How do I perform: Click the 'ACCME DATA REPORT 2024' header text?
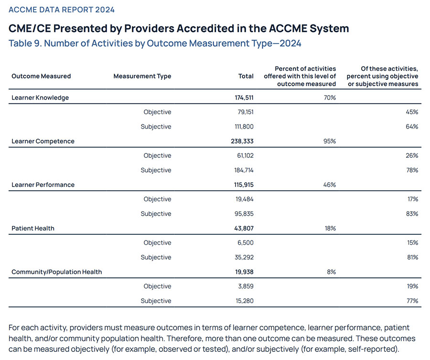[62, 10]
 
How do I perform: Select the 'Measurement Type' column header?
[142, 76]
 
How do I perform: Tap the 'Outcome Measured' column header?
[41, 76]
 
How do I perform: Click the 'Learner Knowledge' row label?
[40, 98]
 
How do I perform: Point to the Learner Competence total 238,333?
[242, 141]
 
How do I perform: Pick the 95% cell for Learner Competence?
[330, 141]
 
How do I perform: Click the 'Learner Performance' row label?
[43, 185]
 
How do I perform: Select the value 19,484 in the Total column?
[244, 199]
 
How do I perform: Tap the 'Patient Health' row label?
[33, 229]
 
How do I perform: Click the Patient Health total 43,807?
[244, 229]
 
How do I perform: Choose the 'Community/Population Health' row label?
[57, 272]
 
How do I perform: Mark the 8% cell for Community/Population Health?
[332, 272]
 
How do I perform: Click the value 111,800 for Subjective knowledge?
[244, 127]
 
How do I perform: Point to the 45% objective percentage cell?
[412, 112]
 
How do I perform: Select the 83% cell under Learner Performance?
[412, 214]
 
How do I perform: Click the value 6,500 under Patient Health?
[246, 243]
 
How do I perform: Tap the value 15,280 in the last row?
[245, 301]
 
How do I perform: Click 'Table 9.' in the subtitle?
[25, 44]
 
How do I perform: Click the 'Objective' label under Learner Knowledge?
[157, 112]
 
